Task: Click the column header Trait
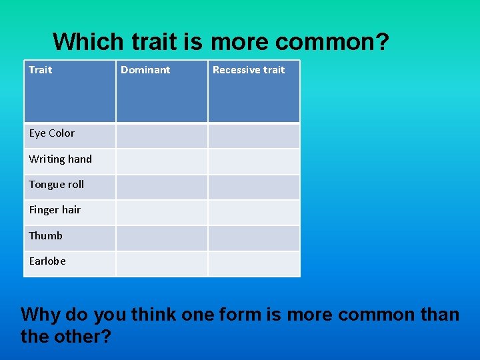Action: point(41,70)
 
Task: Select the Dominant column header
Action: point(145,70)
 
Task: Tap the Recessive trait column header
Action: point(249,70)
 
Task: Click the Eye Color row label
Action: point(52,133)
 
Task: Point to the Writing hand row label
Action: point(61,159)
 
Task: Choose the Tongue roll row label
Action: point(57,185)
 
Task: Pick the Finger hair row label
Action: point(55,210)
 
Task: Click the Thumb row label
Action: point(46,236)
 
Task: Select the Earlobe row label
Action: point(47,261)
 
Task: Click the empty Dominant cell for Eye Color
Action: point(162,136)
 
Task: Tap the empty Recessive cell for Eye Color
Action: point(254,136)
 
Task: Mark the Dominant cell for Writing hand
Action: point(162,161)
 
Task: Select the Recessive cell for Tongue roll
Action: point(254,187)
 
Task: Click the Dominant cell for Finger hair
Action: point(162,213)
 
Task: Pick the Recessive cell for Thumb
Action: point(254,238)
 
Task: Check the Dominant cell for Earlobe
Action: point(162,263)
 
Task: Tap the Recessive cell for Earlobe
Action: point(254,263)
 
